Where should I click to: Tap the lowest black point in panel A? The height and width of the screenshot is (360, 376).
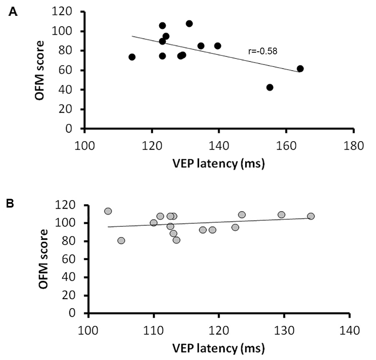coord(270,87)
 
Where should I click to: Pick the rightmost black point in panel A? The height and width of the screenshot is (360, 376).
coord(300,68)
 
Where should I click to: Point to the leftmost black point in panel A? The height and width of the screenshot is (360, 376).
coord(132,57)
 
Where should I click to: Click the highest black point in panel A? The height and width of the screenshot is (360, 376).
coord(189,23)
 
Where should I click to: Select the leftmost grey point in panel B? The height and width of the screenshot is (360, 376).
coord(108,211)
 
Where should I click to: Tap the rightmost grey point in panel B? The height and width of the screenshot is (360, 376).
coord(311,216)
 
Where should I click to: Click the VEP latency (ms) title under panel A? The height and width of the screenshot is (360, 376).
coord(219,164)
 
